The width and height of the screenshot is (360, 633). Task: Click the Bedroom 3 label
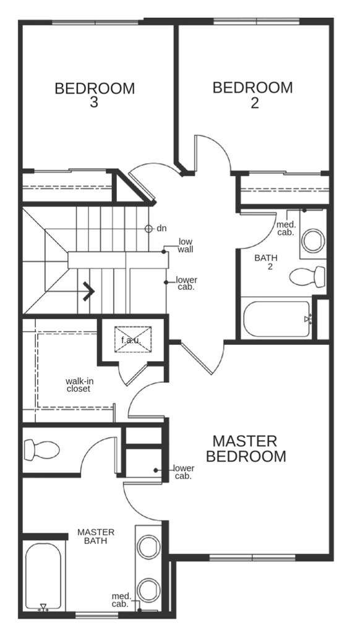95,95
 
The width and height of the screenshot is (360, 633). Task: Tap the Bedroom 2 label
253,95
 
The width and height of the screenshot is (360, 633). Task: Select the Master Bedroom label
246,449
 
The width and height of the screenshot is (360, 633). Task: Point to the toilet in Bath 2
307,277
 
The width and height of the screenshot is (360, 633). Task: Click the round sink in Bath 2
313,241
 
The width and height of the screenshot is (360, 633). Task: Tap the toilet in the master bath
41,450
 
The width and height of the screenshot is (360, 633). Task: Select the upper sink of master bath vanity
148,547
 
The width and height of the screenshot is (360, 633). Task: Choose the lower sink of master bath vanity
148,590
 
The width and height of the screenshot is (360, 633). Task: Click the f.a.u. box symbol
132,339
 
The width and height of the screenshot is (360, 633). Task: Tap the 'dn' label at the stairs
161,229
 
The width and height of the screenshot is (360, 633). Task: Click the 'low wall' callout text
186,245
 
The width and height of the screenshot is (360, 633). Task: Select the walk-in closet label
79,385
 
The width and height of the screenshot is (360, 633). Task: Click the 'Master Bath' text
96,537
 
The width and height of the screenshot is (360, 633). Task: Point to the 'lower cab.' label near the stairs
187,283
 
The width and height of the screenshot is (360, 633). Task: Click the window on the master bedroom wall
252,558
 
